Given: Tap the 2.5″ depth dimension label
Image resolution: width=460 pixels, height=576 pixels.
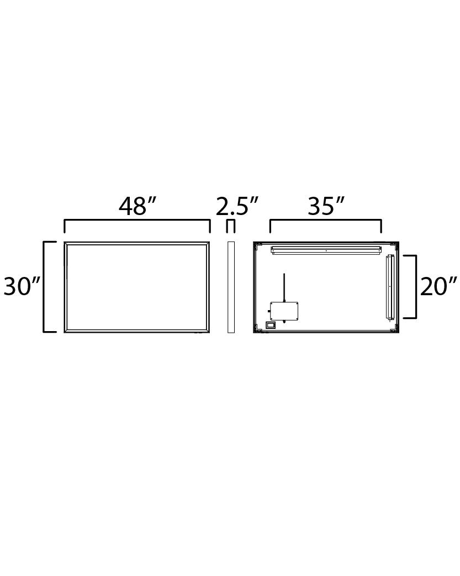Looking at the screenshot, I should click(x=237, y=206).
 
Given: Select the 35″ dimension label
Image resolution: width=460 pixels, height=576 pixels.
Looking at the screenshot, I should click(x=326, y=206).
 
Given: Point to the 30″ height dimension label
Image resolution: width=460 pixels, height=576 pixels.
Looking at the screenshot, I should click(x=22, y=287).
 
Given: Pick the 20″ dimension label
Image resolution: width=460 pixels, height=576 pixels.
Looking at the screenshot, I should click(x=439, y=287).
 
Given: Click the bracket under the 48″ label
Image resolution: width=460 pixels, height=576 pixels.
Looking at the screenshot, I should click(x=137, y=221).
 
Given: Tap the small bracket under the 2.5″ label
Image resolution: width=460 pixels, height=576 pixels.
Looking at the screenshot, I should click(x=231, y=222).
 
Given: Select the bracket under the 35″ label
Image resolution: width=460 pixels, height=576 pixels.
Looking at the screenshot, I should click(x=325, y=221).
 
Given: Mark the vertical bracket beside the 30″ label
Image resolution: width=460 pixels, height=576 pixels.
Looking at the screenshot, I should click(x=44, y=287).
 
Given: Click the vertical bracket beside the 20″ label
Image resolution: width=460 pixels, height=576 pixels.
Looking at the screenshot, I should click(x=415, y=287).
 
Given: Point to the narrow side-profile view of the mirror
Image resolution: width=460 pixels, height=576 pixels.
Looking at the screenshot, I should click(x=231, y=287).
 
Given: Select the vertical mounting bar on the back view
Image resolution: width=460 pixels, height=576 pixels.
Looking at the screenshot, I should click(x=390, y=287).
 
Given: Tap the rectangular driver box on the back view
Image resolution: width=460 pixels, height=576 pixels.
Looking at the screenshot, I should click(x=284, y=311).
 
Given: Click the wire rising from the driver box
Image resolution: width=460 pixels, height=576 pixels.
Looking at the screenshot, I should click(x=284, y=287).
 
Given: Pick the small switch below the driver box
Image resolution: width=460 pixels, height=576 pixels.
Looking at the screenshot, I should click(x=270, y=326).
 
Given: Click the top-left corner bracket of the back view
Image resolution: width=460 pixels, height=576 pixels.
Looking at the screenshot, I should click(x=257, y=245).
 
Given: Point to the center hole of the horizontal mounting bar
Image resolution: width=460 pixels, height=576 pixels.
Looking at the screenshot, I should click(x=326, y=250).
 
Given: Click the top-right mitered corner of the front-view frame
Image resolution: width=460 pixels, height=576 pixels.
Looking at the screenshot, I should click(x=208, y=244).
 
